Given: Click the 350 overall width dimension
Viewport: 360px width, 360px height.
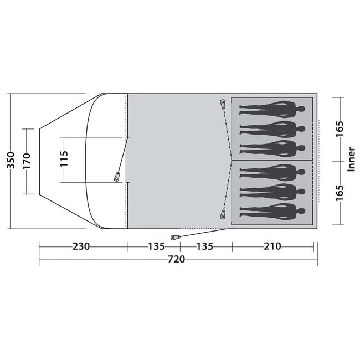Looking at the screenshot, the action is point(11,160).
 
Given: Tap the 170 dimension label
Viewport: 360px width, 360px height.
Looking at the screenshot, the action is point(27,161).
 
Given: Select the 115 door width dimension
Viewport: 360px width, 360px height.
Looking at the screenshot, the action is point(64,158).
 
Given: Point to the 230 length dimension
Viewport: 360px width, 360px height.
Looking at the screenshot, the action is point(81,246).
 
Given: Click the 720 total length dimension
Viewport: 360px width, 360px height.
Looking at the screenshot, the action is point(176,259).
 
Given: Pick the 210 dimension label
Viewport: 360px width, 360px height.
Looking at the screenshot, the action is point(272,246).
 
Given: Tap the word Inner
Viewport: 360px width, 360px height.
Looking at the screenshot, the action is point(351,160).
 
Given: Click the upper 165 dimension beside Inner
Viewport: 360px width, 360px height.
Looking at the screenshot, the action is point(340,128).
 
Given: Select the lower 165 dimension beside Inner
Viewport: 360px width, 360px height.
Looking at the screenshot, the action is point(340,193).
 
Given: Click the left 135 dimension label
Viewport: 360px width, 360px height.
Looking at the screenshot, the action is point(156,246).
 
